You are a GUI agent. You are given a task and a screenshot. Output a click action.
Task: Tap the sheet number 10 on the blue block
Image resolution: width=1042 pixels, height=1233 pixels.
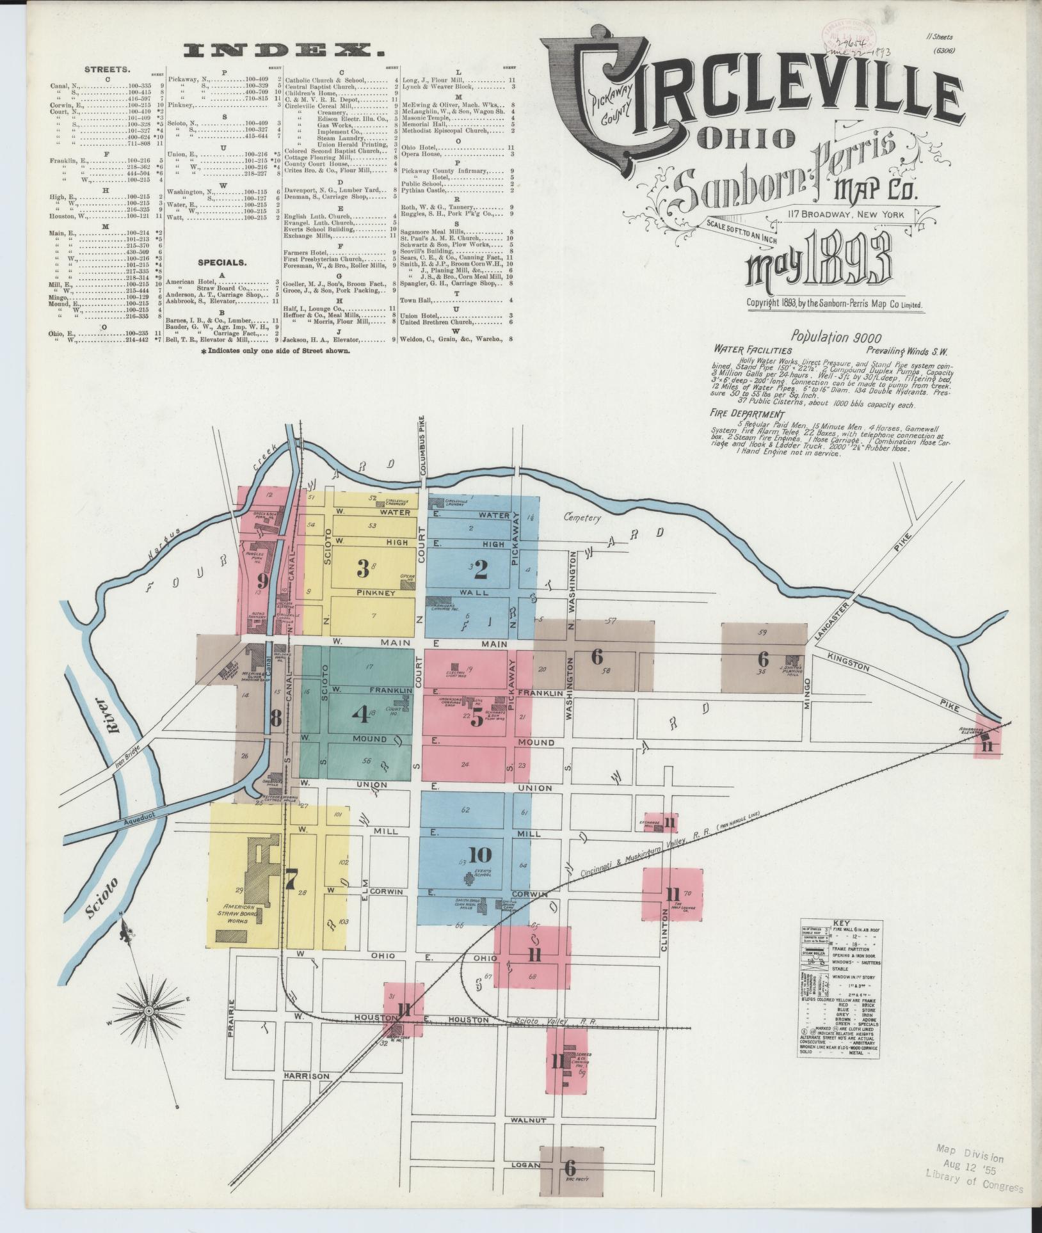click(x=479, y=854)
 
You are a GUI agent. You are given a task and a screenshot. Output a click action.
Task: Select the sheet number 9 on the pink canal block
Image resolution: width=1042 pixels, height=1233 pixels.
click(x=261, y=580)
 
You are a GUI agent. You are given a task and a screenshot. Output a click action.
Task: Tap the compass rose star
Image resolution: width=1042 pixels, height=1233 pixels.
click(x=148, y=1010)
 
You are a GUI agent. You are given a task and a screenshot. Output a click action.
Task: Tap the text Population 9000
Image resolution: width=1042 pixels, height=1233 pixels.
click(x=835, y=337)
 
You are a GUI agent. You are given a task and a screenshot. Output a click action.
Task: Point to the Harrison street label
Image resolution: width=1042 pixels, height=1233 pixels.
click(x=307, y=1076)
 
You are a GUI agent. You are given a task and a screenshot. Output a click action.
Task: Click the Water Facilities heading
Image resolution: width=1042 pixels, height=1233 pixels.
click(x=753, y=350)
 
